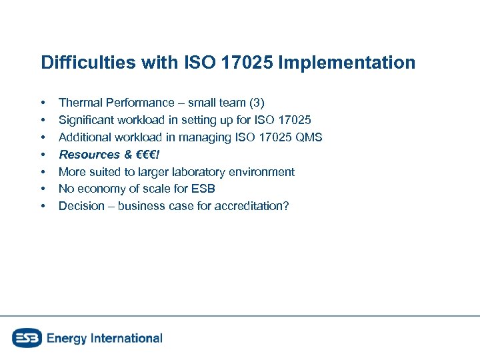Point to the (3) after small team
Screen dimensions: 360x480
coord(256,103)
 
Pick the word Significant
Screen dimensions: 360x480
coord(86,120)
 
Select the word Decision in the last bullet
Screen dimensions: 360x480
coord(81,207)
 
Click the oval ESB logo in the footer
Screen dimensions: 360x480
coord(27,338)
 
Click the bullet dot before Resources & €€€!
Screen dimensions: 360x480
coord(43,155)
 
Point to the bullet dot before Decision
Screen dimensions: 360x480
coord(43,207)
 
